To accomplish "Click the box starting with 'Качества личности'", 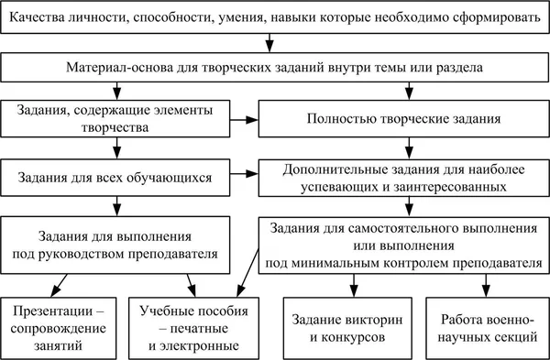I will coord(275,17).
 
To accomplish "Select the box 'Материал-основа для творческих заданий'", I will coord(275,68).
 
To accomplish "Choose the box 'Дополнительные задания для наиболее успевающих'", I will coord(402,175).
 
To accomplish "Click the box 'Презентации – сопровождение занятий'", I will coord(56,326).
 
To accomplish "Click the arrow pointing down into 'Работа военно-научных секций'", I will coord(480,286).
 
